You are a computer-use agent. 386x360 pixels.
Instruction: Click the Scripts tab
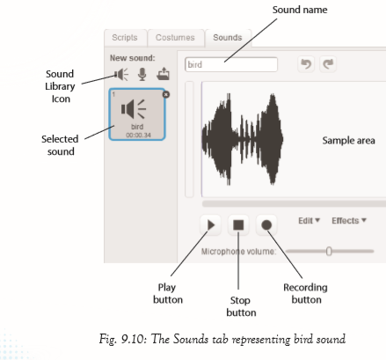[125, 38]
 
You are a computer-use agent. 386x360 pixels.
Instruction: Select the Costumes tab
[175, 38]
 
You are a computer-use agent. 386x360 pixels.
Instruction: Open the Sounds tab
[228, 38]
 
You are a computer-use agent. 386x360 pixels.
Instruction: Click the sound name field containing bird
[231, 64]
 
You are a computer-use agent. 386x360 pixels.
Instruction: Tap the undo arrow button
[306, 64]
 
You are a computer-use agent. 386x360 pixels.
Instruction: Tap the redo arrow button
[328, 64]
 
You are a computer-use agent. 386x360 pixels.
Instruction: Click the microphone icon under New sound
[142, 74]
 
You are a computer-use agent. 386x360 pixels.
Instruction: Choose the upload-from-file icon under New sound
[163, 74]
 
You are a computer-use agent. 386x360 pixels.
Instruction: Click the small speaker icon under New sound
[121, 74]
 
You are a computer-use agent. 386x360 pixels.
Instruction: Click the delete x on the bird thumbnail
[166, 94]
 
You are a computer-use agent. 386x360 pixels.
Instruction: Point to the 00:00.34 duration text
[138, 136]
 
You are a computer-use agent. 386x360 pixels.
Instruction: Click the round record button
[266, 225]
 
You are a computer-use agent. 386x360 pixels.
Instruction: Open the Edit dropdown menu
[309, 221]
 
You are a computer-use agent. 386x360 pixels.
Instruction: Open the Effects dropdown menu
[349, 221]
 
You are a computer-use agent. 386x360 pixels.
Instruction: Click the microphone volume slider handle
[329, 252]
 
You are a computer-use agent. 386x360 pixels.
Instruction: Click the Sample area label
[348, 141]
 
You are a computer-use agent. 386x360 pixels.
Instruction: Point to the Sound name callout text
[300, 10]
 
